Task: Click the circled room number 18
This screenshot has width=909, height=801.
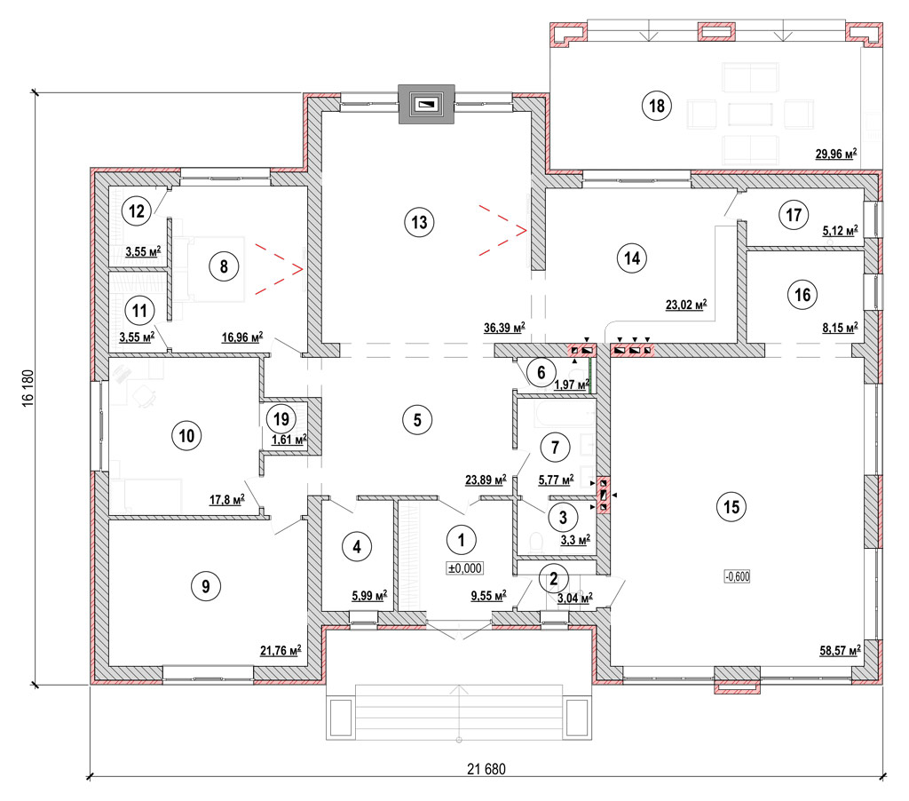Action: [657, 106]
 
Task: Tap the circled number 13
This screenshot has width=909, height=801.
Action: [419, 222]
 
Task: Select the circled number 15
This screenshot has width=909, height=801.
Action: [731, 507]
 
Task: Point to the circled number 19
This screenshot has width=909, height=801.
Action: [281, 419]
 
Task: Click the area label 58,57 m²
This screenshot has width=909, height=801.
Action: [840, 650]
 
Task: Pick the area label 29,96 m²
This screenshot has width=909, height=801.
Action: [836, 154]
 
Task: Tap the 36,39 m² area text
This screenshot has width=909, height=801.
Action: [504, 327]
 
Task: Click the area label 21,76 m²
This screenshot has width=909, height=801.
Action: [281, 650]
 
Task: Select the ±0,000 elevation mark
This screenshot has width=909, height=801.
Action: [465, 568]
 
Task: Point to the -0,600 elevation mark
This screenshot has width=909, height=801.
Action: [738, 576]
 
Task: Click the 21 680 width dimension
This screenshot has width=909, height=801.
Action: [486, 769]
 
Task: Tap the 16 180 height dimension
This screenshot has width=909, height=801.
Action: [28, 388]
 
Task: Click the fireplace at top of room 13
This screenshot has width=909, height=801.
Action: [427, 105]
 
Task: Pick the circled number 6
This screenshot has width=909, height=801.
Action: [541, 372]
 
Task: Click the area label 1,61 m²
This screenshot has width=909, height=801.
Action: [289, 440]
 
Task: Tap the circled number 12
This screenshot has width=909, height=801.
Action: [136, 210]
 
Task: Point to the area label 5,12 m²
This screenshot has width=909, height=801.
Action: [841, 230]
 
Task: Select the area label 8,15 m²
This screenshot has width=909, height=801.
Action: [841, 327]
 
